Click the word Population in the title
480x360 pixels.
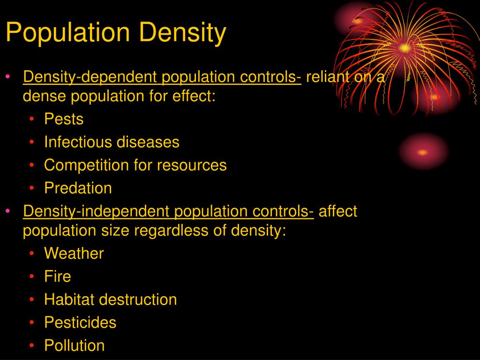(x=67, y=32)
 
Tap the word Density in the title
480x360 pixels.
(x=183, y=32)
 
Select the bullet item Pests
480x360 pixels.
(x=64, y=119)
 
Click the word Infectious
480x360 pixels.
(x=78, y=142)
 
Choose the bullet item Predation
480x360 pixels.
(x=78, y=188)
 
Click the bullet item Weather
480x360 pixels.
(x=74, y=254)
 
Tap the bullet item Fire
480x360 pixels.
(x=58, y=277)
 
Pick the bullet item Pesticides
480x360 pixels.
(x=80, y=322)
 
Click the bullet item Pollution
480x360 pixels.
(x=75, y=345)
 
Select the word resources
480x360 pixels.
(x=192, y=165)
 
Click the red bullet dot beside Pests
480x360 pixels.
(x=32, y=119)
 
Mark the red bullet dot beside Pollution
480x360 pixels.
(x=32, y=345)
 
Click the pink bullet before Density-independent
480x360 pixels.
(x=8, y=211)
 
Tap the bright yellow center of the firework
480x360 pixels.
(x=405, y=48)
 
